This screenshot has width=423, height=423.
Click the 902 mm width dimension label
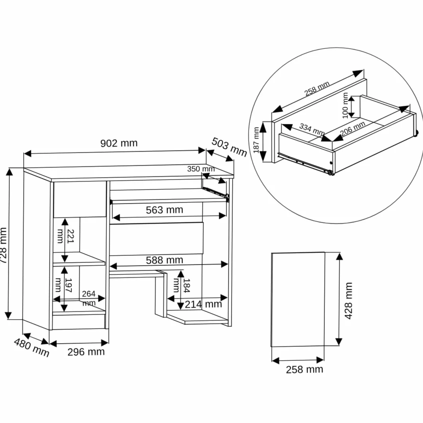point(119,143)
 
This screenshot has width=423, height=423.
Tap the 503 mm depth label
point(229,147)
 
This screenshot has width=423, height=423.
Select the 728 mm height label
point(3,245)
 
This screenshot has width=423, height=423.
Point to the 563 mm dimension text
point(164,210)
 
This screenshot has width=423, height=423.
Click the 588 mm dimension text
point(164,260)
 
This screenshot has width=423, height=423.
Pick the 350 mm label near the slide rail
point(201,169)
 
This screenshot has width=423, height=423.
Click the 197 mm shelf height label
point(63,285)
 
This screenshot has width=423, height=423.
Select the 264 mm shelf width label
point(89,298)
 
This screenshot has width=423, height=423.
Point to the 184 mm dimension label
point(182,285)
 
